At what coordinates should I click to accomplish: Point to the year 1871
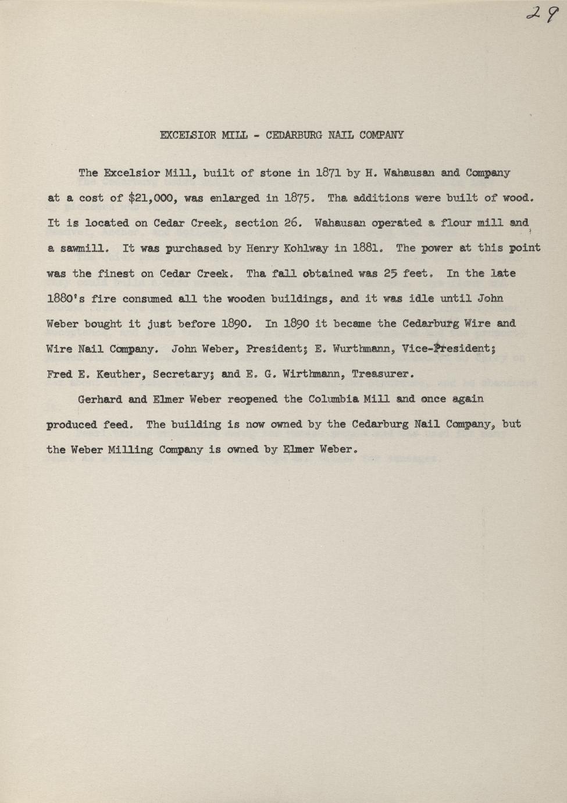point(327,173)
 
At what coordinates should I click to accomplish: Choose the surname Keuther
point(112,374)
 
